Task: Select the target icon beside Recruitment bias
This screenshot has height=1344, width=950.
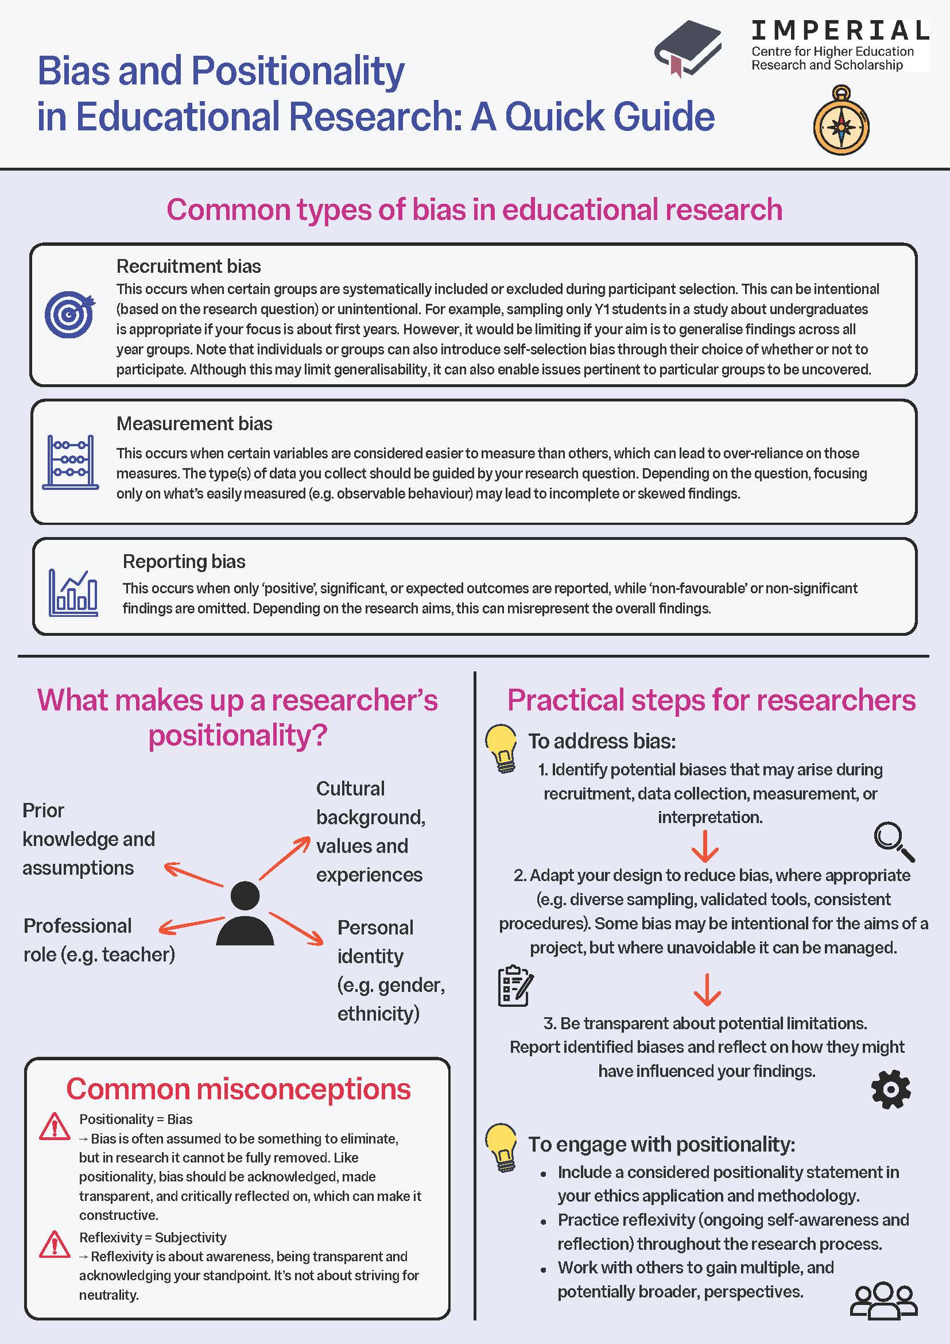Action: click(x=69, y=314)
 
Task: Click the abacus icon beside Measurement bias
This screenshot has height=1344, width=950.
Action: click(x=70, y=462)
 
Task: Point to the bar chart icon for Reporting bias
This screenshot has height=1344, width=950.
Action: click(x=73, y=592)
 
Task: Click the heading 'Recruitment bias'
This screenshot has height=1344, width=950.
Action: click(x=188, y=267)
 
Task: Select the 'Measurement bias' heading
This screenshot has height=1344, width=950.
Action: click(x=194, y=423)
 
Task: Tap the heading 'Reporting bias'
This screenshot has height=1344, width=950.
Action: click(x=184, y=561)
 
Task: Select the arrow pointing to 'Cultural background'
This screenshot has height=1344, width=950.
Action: click(x=284, y=858)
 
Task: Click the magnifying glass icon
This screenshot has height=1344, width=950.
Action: click(x=894, y=841)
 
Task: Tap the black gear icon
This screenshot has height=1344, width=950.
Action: click(x=891, y=1090)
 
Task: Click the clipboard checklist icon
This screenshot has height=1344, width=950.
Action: click(x=515, y=986)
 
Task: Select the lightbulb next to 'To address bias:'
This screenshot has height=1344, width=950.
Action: click(x=501, y=748)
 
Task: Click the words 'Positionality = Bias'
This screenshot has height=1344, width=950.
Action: click(x=135, y=1119)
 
